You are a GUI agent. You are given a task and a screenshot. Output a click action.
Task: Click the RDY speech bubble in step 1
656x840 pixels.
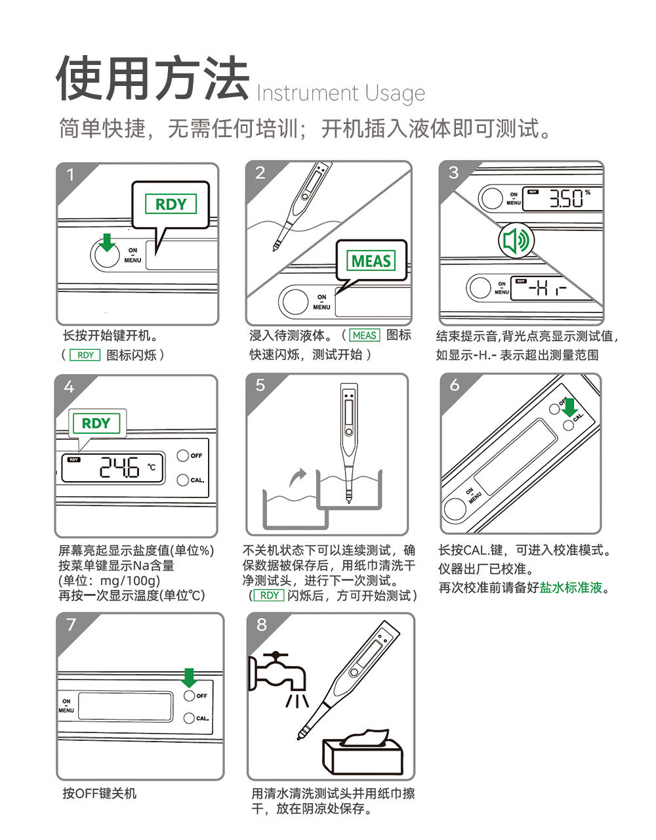click(171, 204)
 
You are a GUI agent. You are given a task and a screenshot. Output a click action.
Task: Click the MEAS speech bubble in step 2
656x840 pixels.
click(371, 261)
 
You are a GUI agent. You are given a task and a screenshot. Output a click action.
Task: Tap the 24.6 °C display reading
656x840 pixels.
click(121, 468)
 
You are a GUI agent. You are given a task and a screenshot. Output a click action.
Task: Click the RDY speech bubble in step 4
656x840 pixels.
click(96, 423)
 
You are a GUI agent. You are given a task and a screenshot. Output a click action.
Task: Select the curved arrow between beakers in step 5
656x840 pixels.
click(298, 477)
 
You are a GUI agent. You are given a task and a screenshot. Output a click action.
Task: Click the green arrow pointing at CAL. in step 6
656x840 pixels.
click(569, 407)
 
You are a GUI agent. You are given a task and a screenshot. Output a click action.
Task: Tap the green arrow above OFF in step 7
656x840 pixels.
click(189, 677)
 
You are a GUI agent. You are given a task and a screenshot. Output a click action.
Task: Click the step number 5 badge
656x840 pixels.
click(260, 385)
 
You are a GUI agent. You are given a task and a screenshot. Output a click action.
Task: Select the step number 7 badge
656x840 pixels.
click(71, 624)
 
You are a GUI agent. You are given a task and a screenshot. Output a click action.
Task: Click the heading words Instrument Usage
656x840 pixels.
click(340, 93)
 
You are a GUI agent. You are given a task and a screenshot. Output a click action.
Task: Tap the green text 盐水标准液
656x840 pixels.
click(570, 588)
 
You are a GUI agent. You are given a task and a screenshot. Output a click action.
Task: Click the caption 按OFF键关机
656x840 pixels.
click(100, 793)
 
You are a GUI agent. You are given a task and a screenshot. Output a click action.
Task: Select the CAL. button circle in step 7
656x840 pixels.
click(189, 718)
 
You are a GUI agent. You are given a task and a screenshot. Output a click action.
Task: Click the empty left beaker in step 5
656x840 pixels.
click(295, 509)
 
